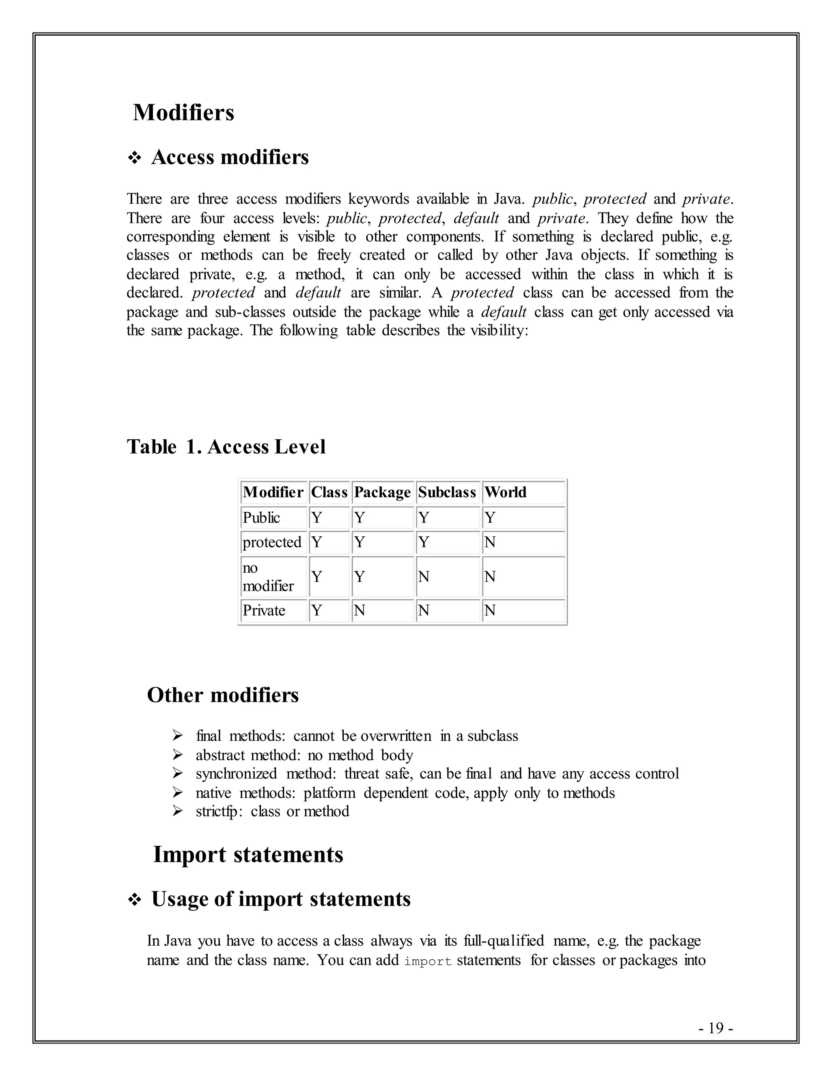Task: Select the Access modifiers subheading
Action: click(x=230, y=157)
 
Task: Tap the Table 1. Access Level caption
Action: click(x=226, y=447)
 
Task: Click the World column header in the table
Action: click(x=505, y=492)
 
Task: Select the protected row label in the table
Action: click(x=272, y=542)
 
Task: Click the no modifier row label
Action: click(x=268, y=577)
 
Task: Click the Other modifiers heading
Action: click(x=222, y=695)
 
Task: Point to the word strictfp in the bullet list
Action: click(x=217, y=811)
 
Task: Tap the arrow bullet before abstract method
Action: click(x=178, y=755)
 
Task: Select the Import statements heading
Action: click(x=248, y=854)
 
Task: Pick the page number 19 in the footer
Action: click(x=716, y=1028)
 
